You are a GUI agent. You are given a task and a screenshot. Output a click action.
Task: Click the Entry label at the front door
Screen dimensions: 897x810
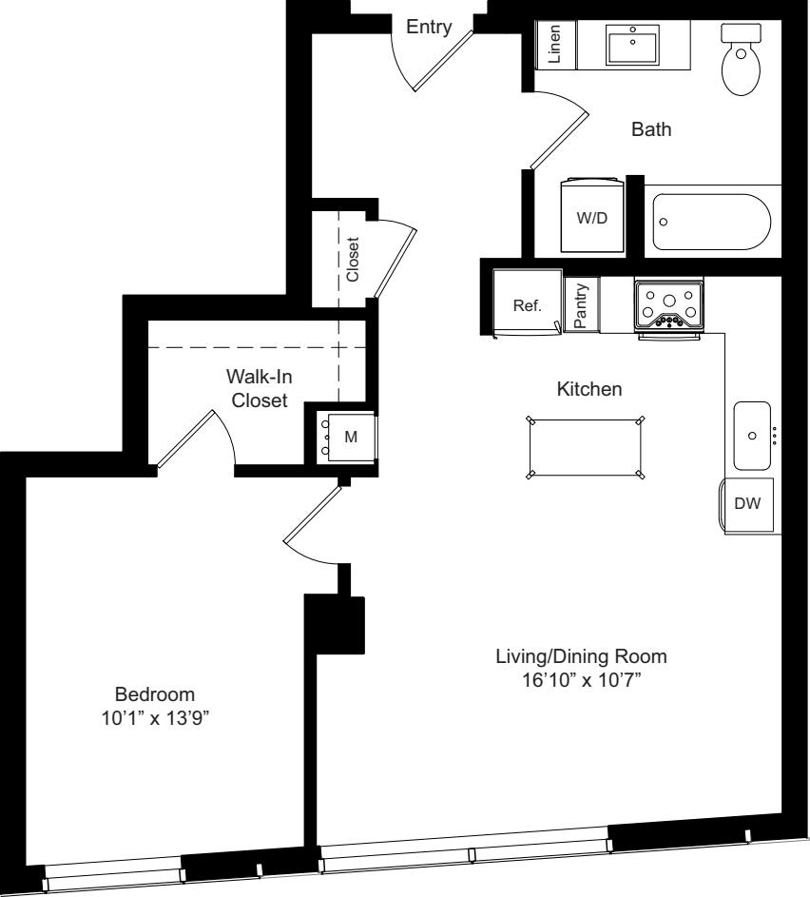coord(429,28)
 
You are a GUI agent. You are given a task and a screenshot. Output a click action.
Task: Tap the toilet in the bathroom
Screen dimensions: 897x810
coord(742,59)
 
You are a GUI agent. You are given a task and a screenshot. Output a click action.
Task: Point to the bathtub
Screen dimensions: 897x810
coord(712,222)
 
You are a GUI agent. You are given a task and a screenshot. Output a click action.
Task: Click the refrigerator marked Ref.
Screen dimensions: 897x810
coord(526,304)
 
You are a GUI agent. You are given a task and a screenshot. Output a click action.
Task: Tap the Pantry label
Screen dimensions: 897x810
coord(581,305)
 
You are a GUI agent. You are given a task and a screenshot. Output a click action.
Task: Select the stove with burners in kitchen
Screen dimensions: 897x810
coord(668,306)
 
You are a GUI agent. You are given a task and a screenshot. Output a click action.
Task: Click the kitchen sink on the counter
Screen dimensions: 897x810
coord(753,436)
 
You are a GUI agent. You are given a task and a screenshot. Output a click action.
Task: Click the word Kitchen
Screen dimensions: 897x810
coord(588,389)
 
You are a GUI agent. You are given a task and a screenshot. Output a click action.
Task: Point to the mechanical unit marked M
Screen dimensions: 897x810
coord(345,436)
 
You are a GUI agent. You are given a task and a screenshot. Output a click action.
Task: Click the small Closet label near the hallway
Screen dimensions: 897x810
coord(353,259)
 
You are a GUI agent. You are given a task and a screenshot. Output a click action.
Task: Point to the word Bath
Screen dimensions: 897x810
coord(652,129)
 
